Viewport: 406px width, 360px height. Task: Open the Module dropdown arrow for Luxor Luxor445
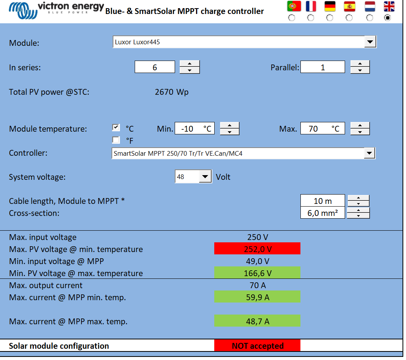coord(370,42)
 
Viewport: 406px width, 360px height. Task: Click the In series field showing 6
coord(154,67)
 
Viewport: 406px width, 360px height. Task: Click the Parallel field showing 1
coord(323,67)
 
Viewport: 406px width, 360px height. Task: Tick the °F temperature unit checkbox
coord(116,140)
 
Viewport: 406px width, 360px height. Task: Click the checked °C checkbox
coord(116,127)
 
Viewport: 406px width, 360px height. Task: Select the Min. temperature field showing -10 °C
coord(194,129)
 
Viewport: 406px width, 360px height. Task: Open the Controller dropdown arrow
coord(369,153)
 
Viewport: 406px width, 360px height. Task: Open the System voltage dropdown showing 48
coord(205,177)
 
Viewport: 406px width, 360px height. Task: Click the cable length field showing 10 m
coord(323,201)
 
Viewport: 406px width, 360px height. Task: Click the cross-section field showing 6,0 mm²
coord(323,213)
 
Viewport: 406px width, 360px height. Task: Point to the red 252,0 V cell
coord(257,249)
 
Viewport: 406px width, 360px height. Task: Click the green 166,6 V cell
coord(257,273)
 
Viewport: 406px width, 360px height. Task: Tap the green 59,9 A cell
coord(257,297)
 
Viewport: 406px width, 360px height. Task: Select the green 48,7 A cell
coord(257,321)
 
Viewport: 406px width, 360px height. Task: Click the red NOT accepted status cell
coord(257,346)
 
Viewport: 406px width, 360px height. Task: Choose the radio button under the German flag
coord(330,18)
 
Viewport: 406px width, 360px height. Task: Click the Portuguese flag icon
coord(294,6)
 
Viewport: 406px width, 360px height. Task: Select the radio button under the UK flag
coord(387,18)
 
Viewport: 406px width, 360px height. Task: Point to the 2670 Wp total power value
coord(172,92)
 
